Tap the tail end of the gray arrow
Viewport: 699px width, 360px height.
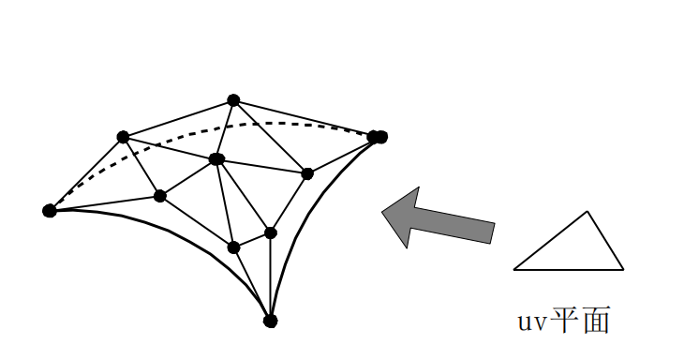point(491,233)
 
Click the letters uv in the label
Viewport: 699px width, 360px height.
point(530,322)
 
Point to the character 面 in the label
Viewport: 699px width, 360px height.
point(595,321)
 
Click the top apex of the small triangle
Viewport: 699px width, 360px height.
point(587,212)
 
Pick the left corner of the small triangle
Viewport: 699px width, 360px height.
point(514,269)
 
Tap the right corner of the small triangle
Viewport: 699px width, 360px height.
point(623,269)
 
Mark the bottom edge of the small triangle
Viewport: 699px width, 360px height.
point(569,269)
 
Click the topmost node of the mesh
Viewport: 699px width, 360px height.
point(233,100)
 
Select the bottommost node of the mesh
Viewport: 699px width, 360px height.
point(270,321)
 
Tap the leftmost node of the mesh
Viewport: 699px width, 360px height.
point(50,210)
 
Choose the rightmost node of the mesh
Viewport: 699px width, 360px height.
point(378,137)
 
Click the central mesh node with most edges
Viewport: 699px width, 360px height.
point(217,159)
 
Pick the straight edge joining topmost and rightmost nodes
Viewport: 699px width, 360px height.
point(305,118)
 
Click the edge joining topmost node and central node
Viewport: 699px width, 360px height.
point(226,129)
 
